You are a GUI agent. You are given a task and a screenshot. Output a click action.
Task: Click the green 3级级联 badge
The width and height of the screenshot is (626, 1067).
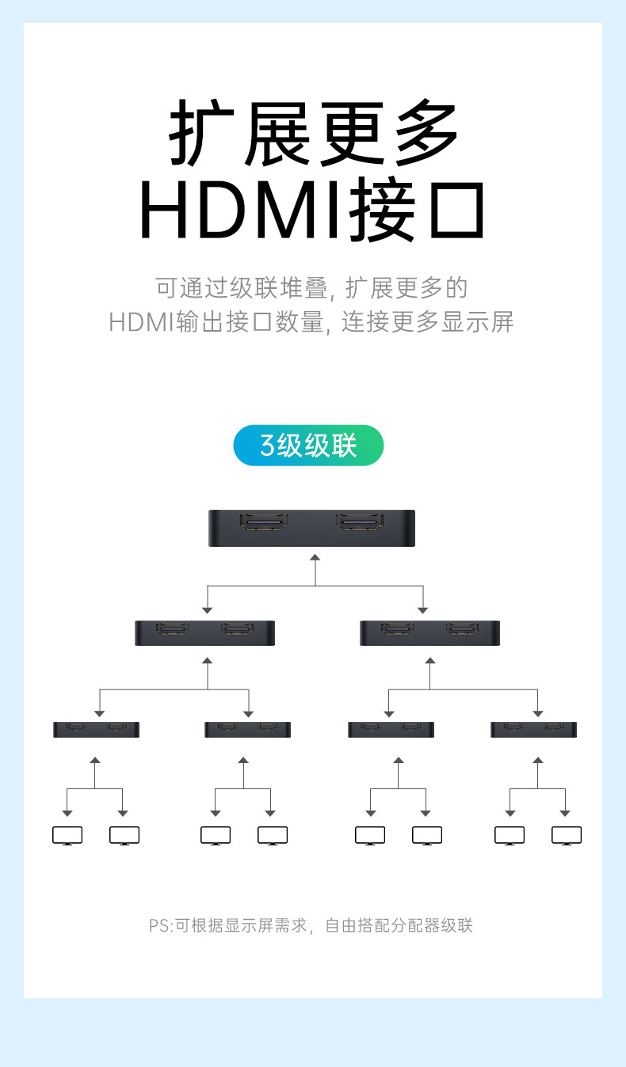pos(308,445)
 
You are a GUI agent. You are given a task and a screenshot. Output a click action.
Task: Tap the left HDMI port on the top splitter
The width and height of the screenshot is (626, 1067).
pos(264,522)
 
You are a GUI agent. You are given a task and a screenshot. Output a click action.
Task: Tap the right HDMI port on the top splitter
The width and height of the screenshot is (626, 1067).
pos(360,522)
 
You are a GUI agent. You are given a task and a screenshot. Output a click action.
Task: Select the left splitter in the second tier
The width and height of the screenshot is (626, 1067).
pos(205,633)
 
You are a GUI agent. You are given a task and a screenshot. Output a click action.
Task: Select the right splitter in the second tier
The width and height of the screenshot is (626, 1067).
pos(429,633)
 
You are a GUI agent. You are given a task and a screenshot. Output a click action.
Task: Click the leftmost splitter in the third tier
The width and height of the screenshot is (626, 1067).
pos(97,729)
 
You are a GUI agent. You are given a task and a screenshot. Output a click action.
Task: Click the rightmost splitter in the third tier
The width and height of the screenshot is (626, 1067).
pos(533,729)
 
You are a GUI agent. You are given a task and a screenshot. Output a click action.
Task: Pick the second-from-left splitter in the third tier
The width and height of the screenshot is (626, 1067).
pos(247,729)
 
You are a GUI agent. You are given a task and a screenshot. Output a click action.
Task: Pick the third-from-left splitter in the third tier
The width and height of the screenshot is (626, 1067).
pos(391,729)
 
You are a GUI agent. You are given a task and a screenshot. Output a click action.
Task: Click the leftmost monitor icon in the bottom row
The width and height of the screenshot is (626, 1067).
pos(67,836)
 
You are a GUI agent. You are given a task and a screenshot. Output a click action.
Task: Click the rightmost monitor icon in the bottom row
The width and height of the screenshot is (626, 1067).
pos(567,836)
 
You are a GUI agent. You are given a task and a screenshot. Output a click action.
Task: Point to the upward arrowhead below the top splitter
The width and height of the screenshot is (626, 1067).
pos(315,557)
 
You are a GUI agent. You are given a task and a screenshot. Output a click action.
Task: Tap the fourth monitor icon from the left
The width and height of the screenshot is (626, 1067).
pos(273,836)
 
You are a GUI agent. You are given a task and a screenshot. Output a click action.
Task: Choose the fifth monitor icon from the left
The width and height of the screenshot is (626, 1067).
pos(370,836)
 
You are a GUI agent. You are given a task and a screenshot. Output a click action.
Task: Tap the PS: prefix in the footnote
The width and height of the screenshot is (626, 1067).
pos(161,925)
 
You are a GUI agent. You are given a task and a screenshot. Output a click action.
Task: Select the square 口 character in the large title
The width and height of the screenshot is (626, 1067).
pos(456,210)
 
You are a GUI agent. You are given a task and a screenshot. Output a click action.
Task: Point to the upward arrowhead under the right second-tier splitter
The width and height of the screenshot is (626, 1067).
pos(430,661)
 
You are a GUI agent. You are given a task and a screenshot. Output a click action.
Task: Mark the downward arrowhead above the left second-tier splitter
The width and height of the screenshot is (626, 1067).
pos(207,610)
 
